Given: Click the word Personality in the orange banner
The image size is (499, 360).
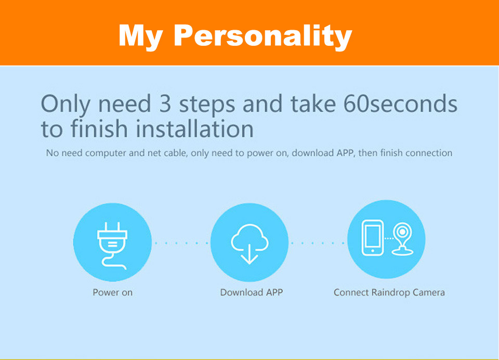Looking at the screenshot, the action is coord(263,36).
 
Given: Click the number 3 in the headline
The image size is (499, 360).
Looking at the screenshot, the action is coord(165,104).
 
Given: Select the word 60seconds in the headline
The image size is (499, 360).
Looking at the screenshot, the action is coord(400,104).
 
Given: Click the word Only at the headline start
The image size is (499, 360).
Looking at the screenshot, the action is coord(65,105).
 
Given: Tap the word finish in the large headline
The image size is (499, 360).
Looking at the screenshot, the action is coord(99,128).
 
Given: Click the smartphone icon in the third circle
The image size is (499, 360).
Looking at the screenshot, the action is coord(372,238).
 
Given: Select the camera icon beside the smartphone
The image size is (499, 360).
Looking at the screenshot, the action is coord(402,239).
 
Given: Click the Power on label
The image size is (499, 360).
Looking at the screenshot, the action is coord(113,292).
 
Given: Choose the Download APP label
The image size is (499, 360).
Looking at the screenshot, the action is coord(252,292).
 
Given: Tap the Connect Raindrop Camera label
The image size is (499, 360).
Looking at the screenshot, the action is coord(389,292).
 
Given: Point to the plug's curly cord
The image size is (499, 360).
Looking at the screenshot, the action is coord(113,262).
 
